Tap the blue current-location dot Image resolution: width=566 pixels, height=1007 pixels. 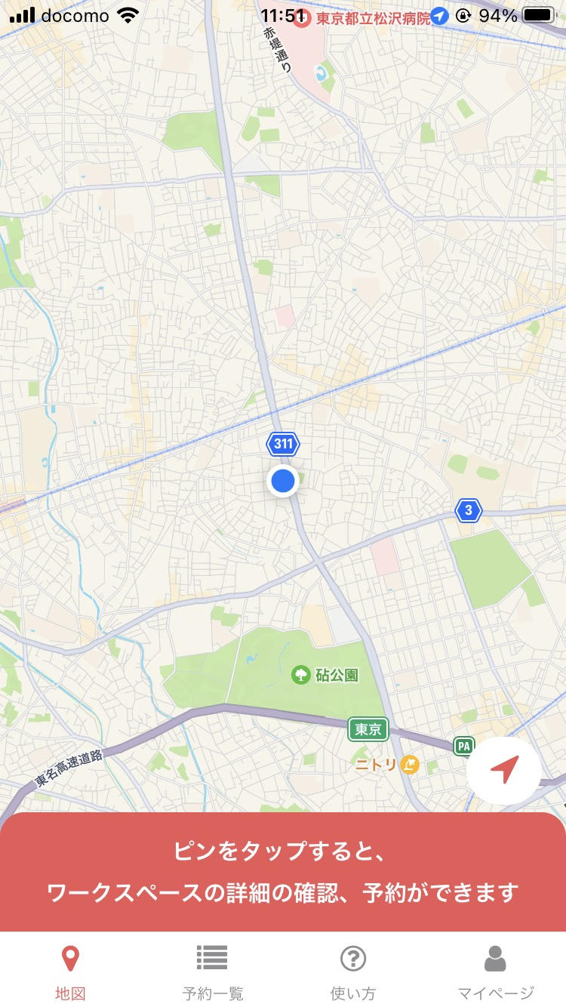pos(283,481)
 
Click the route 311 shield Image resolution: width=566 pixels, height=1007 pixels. pos(283,444)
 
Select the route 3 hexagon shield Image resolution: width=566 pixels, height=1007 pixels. pos(469,511)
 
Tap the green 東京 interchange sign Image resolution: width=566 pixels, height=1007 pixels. pos(368,729)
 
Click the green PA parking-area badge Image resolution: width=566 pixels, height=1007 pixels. pos(463,747)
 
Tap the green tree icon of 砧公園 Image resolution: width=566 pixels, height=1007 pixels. pos(301,674)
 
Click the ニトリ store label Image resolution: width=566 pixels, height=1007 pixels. pos(377,765)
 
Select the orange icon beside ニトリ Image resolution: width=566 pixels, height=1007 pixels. pos(409,765)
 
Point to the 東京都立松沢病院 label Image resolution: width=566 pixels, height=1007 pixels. pos(373,17)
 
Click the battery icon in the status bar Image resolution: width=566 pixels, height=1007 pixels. pos(539,15)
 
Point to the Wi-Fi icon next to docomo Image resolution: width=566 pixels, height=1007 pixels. pos(130,15)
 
